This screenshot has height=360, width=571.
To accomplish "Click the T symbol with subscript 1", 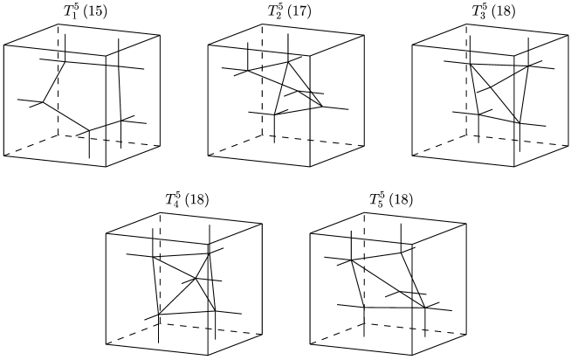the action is pos(70,11).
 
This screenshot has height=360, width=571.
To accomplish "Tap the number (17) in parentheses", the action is pos(299,11).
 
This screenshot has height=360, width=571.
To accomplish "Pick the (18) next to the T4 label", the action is pos(197,199).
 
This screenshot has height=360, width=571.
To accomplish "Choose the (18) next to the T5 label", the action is pos(401,199).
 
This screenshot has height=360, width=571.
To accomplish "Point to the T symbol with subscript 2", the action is pos(274,11).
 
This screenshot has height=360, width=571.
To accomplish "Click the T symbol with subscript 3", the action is pos(478,11).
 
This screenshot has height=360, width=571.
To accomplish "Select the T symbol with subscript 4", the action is pos(172,199).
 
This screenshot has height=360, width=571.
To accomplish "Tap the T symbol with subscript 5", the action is pos(376,199).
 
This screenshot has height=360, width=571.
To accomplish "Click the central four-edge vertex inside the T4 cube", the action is pos(196,279).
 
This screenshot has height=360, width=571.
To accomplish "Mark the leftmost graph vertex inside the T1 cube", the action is pos(43,102).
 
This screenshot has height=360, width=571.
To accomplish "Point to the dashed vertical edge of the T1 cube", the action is pos(58,80).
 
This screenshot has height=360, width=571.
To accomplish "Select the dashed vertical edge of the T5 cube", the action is pos(364,267).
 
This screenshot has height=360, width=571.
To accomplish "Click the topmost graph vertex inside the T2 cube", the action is pos(288,62).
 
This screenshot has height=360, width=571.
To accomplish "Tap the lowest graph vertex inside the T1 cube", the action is pos(89,130).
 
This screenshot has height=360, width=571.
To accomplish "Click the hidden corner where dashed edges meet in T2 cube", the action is pos(262,135).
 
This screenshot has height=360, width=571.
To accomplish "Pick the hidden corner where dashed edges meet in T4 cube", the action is pos(161,323).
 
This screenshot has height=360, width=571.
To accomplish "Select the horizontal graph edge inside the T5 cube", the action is pos(395,308).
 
